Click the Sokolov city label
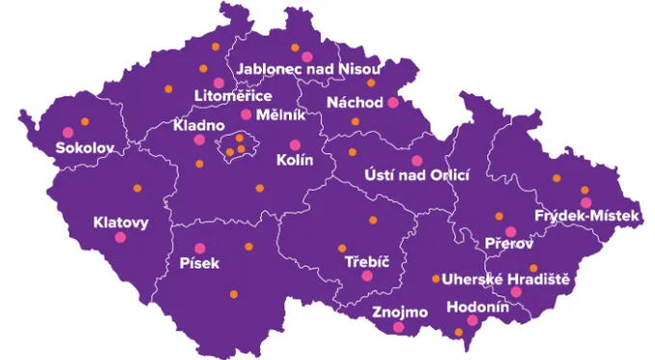tap(85, 149)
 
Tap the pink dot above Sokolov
tap(67, 132)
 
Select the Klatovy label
tap(120, 223)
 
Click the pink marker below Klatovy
tap(120, 238)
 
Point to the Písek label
tap(199, 263)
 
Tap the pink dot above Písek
tap(200, 248)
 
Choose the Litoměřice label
tap(233, 96)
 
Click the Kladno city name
tap(198, 126)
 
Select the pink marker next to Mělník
tap(246, 115)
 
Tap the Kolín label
tap(295, 161)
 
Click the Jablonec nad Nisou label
tap(308, 70)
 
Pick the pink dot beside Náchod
tap(392, 102)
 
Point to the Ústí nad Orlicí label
tap(417, 175)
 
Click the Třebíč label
tap(365, 261)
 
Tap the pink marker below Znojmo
tap(399, 327)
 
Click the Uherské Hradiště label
tap(512, 278)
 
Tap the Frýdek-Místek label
tap(587, 217)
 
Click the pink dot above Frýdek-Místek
tap(586, 202)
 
